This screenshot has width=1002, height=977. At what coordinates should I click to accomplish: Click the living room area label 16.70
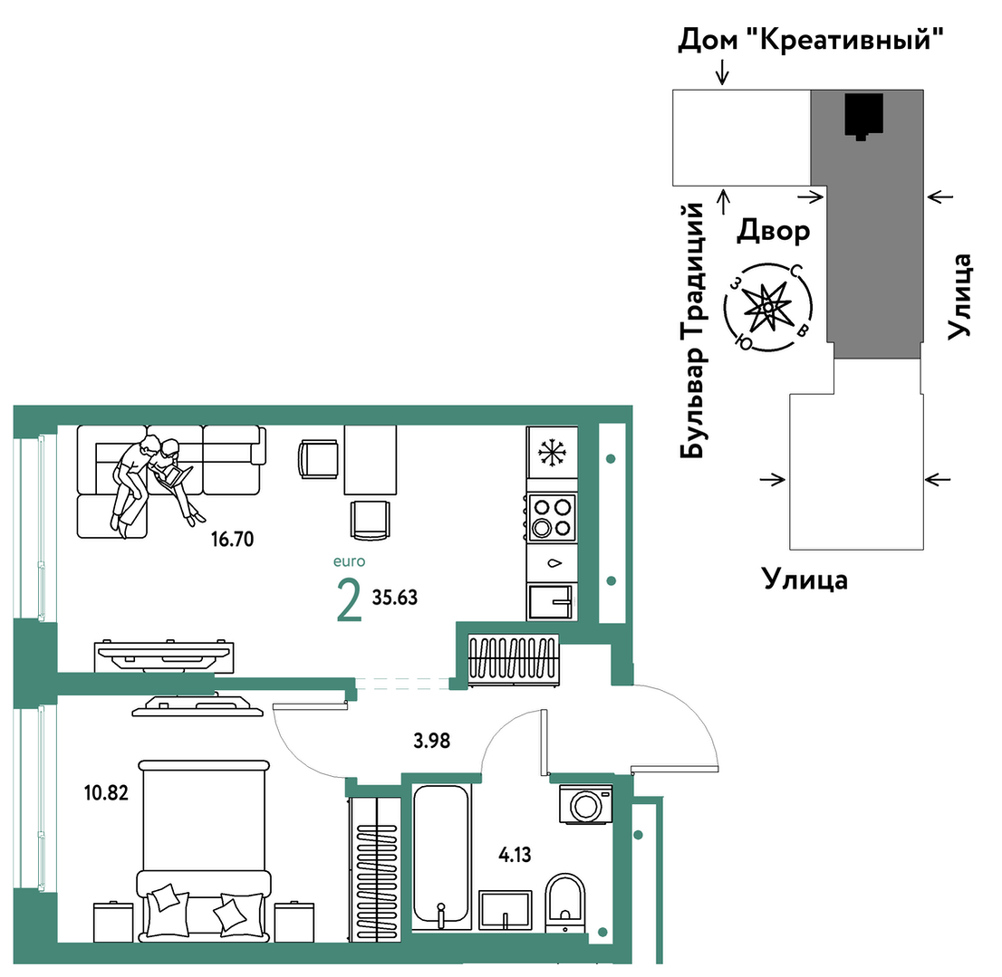point(233,540)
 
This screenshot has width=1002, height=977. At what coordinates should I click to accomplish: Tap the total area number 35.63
point(395,598)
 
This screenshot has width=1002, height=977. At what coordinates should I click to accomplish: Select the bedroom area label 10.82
point(106,793)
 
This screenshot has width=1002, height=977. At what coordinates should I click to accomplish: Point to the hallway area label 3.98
point(432,741)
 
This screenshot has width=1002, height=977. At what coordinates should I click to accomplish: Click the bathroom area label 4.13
point(515,855)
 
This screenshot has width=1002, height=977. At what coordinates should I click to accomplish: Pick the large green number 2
point(349,600)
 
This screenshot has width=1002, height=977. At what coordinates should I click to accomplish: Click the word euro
point(350,561)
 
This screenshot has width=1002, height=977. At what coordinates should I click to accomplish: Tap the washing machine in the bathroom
point(586,805)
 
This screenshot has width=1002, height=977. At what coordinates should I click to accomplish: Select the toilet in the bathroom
point(565,900)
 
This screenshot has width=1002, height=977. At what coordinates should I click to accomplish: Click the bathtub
point(441,856)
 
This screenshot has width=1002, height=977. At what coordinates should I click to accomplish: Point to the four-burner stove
point(552,517)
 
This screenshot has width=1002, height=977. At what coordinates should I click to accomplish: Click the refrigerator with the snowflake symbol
point(552,452)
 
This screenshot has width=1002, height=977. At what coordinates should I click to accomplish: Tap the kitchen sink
point(552,601)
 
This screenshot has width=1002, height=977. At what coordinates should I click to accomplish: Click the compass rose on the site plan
point(768,307)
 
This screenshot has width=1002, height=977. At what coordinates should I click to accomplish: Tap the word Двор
point(773,231)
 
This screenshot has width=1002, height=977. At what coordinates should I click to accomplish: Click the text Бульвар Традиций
point(692,330)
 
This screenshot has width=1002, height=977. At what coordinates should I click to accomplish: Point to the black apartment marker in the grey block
point(864,116)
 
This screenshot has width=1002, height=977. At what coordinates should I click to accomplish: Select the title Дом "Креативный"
point(810,40)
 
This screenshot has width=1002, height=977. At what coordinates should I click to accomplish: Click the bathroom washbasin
point(506,909)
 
